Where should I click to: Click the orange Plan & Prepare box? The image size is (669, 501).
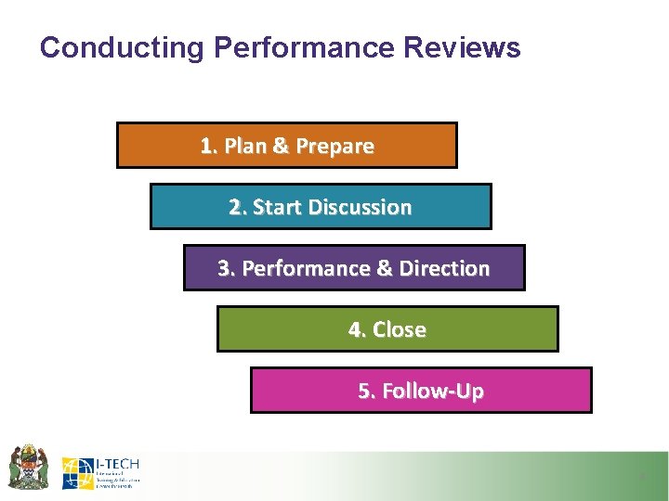286,146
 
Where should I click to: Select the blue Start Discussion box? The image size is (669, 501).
320,207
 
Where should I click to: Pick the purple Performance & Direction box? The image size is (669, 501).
353,268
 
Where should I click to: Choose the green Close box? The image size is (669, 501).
387,329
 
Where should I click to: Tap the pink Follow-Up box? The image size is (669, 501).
421,391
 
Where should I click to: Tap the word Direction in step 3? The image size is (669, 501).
444,269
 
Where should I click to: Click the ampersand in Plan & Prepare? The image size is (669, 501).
281,147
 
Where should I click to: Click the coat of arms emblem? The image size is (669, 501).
29,467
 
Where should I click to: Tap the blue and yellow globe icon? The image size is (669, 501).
78,472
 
